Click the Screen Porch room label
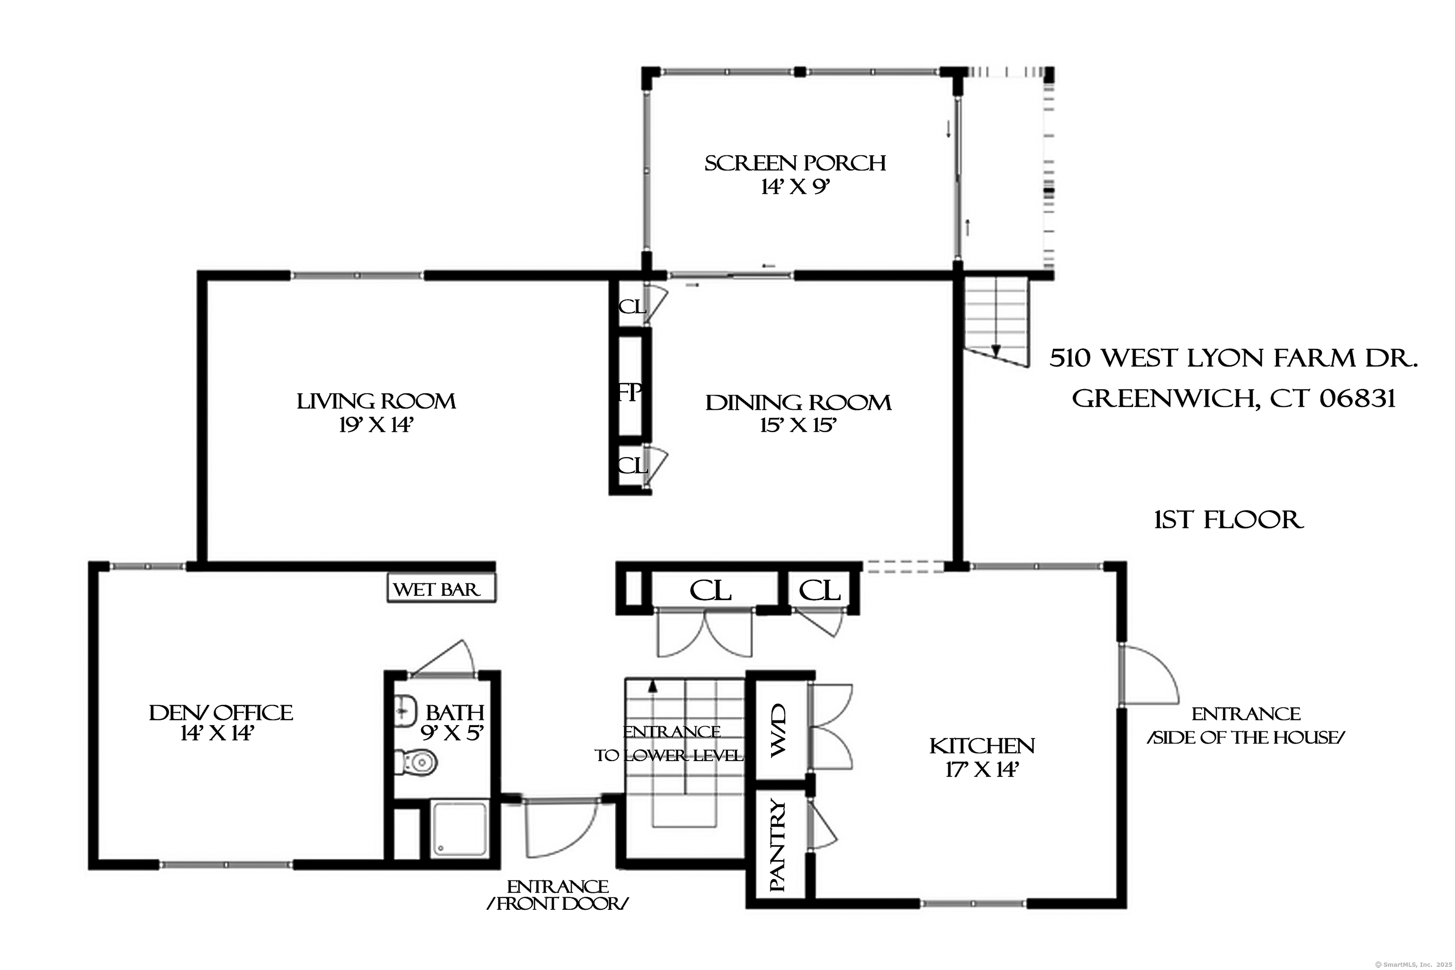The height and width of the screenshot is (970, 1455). pos(795,163)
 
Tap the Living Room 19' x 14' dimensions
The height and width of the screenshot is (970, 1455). pos(376,426)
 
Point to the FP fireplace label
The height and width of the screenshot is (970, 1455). pos(629,392)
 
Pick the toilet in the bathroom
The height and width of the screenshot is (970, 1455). pos(416,762)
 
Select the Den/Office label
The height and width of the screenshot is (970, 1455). pos(221,713)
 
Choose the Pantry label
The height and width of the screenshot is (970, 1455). pos(778,845)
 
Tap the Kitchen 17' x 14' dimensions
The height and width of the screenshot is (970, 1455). pos(982,770)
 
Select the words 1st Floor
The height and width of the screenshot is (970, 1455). pos(1229,520)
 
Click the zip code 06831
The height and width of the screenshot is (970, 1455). pos(1358,398)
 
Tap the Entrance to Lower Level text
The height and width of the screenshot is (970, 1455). pos(669,744)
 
